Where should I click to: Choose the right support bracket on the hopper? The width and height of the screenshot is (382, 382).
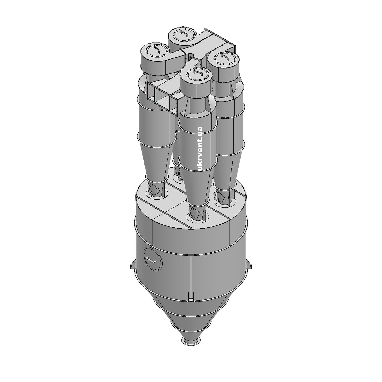click(x=249, y=264)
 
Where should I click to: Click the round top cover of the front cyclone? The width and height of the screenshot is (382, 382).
click(x=196, y=75)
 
